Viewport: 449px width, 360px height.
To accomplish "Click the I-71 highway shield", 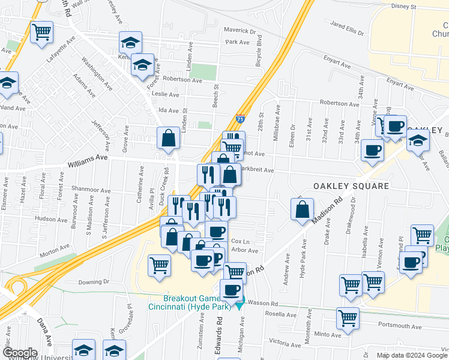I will click(240, 118).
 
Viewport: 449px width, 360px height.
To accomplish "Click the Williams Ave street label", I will click(87, 157).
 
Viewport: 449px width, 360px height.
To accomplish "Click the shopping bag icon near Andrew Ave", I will click(302, 209).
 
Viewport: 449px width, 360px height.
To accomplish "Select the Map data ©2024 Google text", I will click(412, 355).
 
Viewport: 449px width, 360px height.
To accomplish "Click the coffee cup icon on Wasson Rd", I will click(231, 290).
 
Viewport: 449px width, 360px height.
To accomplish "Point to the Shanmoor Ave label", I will click(91, 190).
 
